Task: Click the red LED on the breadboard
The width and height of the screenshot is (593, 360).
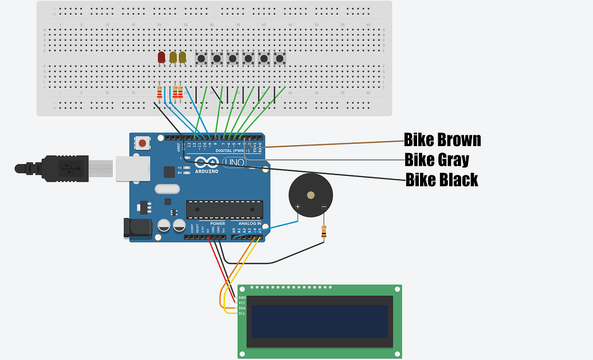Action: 162,57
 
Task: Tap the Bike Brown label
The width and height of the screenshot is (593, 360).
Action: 442,140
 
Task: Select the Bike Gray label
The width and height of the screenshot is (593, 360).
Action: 437,159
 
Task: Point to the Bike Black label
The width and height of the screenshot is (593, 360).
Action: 442,180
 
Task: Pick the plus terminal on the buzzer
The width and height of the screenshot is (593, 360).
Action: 297,206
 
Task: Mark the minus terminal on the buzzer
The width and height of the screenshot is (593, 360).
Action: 323,206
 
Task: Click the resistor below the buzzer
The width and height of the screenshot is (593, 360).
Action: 324,232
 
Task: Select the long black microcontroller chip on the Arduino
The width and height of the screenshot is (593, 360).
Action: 225,210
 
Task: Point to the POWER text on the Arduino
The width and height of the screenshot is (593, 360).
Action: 217,224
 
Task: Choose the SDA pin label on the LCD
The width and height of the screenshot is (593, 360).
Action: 242,308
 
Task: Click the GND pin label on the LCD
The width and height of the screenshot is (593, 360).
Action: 242,298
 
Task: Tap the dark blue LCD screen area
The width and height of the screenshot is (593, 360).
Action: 320,321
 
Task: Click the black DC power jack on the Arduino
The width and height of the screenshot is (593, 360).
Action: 138,228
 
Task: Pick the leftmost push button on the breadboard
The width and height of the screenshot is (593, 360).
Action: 202,58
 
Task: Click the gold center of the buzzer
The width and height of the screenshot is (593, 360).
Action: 311,195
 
